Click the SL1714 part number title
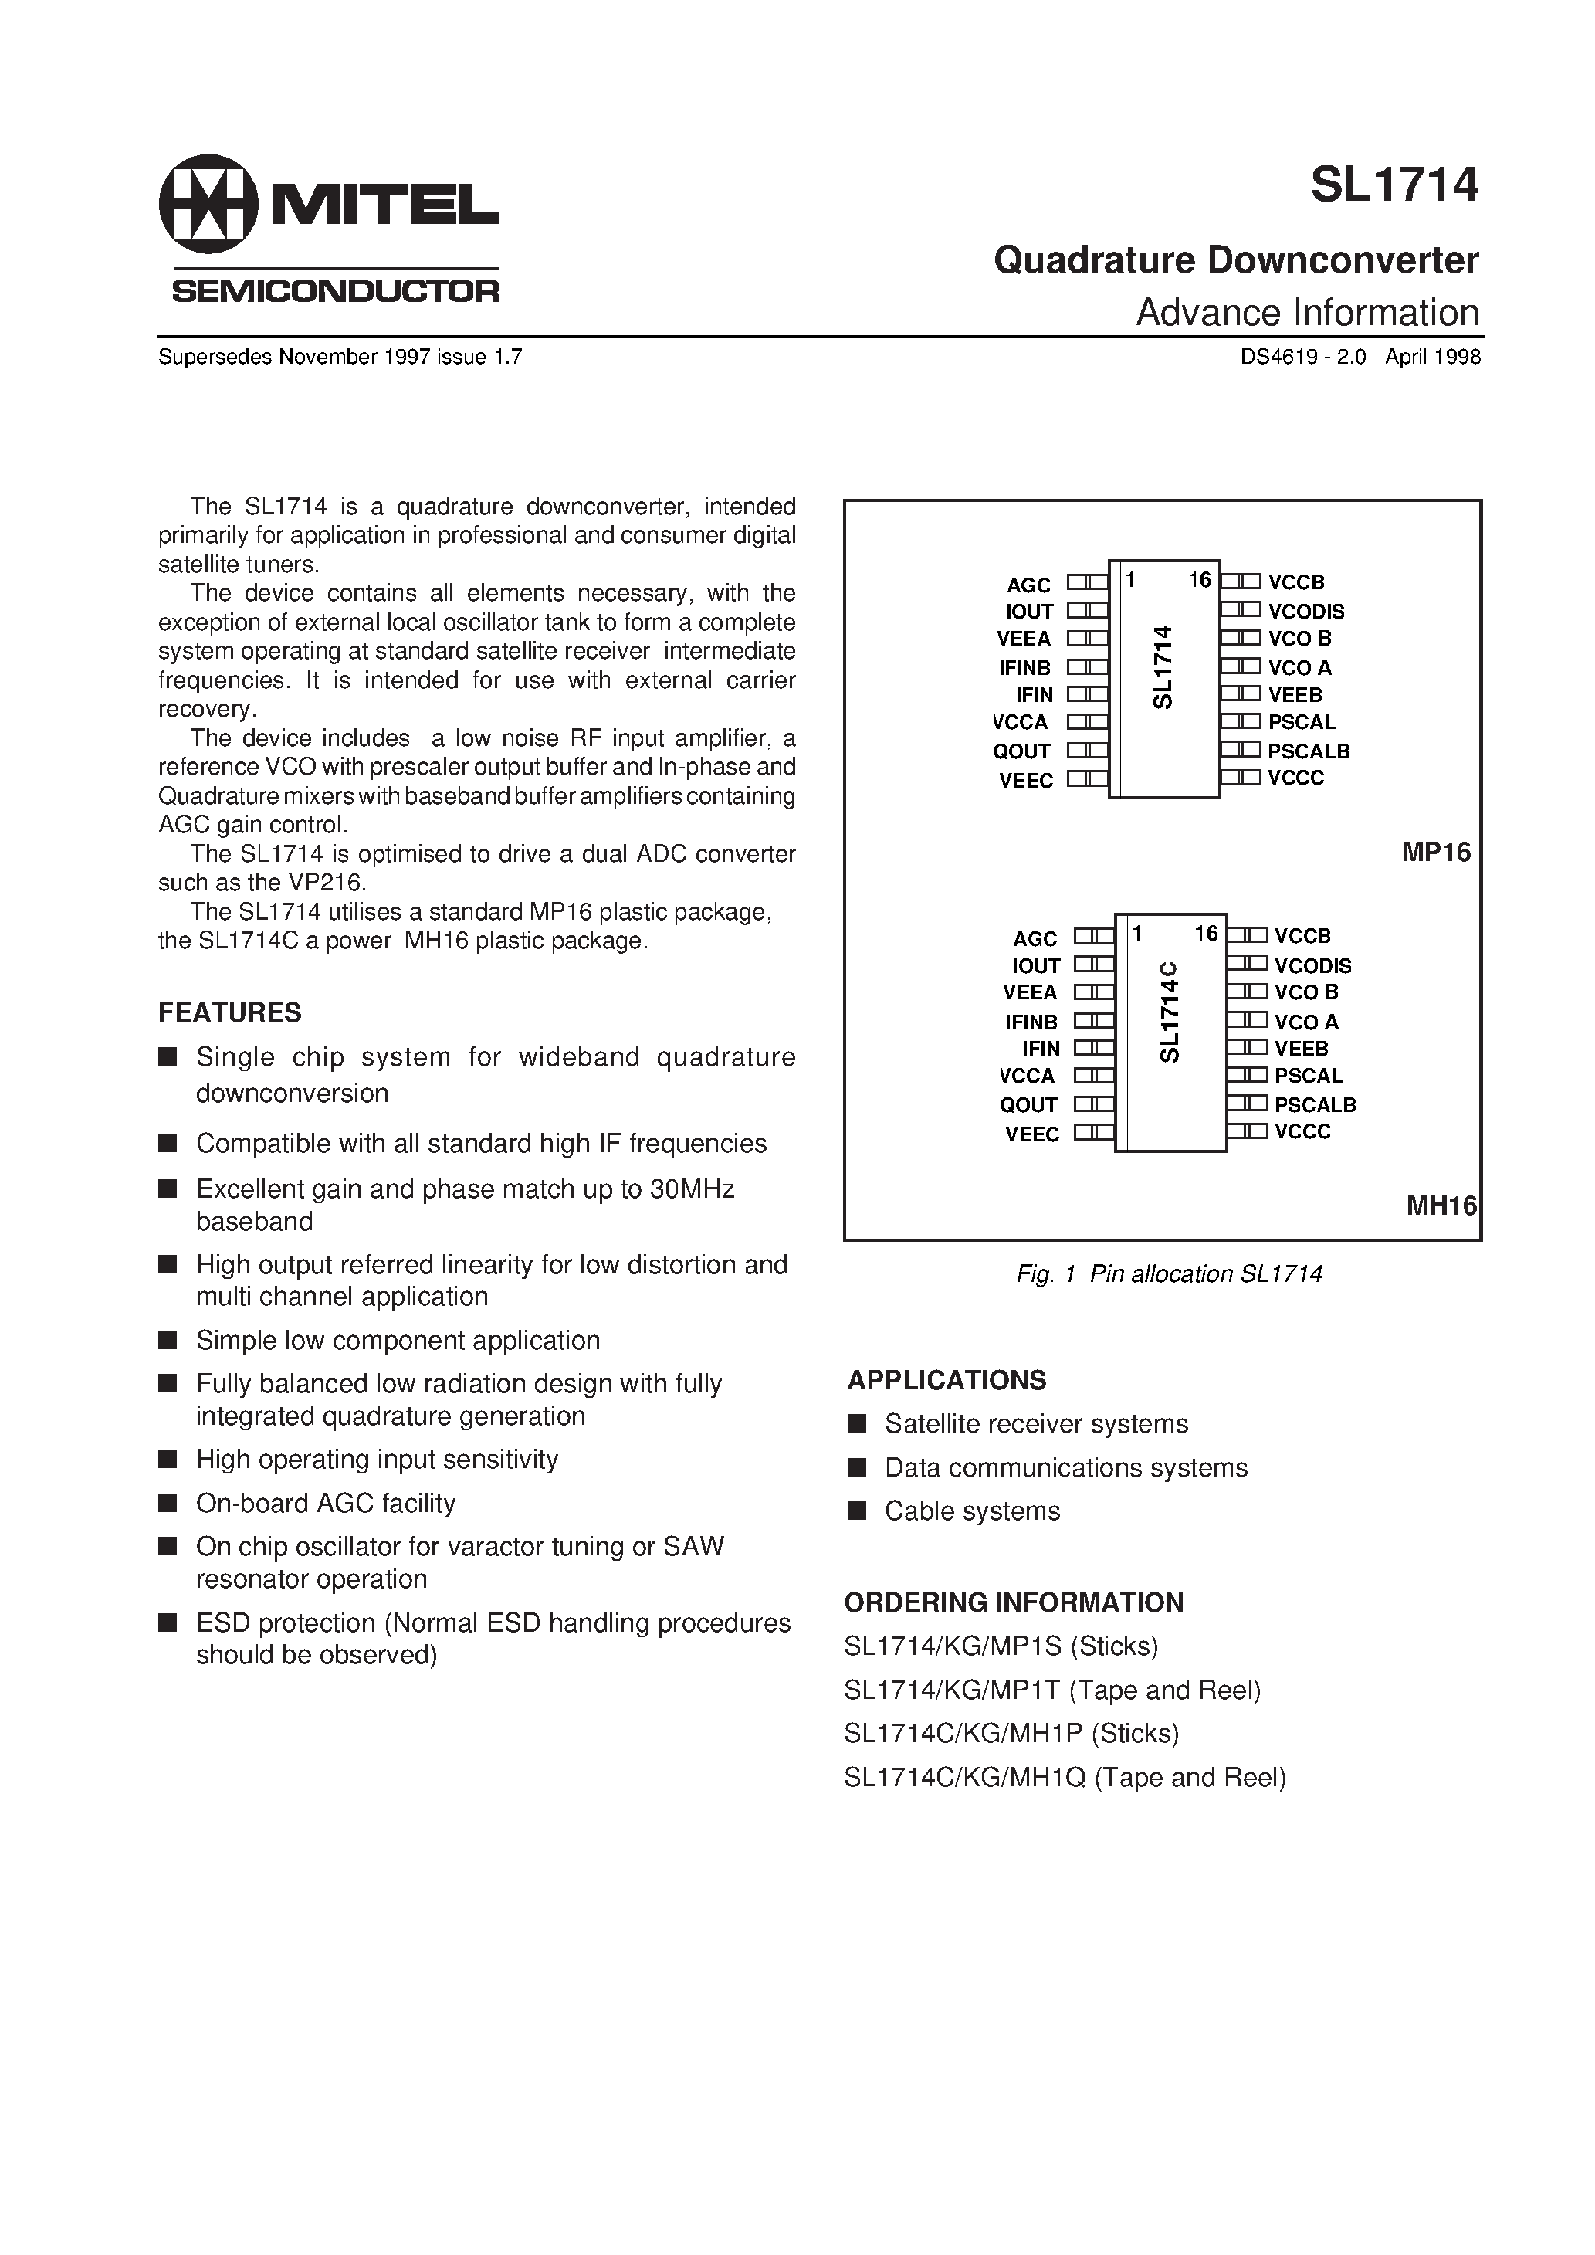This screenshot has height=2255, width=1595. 1394,185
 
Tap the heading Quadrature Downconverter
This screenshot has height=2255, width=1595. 1235,260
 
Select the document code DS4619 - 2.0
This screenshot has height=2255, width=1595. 1302,358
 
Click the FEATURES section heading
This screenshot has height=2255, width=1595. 230,1012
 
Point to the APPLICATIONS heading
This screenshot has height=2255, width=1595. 946,1380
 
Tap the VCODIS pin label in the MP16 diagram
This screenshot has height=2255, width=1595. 1305,611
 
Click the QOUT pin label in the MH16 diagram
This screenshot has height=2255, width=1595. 1028,1105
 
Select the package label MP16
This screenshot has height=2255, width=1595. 1435,853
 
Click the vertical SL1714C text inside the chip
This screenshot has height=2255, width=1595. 1169,1012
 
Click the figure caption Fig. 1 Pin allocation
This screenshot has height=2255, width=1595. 1169,1273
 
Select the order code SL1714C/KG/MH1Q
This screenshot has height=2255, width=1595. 1065,1778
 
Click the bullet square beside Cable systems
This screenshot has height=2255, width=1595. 856,1511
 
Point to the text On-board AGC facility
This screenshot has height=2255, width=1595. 325,1503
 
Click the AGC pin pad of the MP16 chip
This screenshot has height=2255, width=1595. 1087,582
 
